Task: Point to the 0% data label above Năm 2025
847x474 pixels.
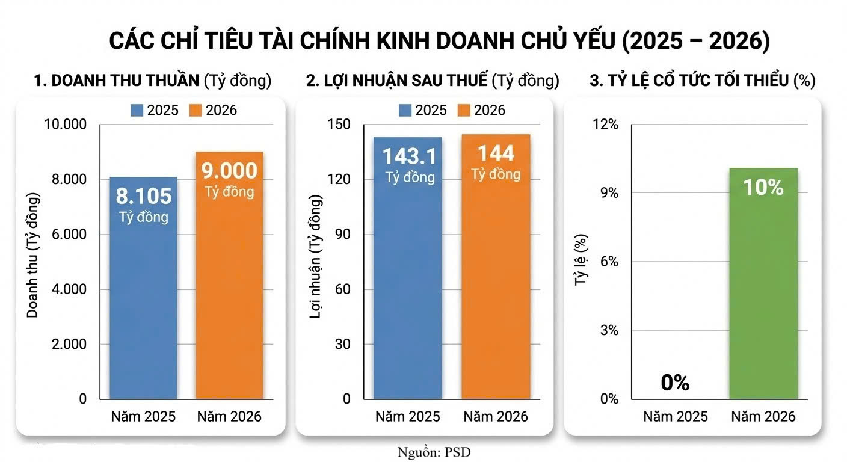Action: tap(675, 383)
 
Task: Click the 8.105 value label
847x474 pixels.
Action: tap(144, 196)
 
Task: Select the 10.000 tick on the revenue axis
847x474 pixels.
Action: tap(66, 125)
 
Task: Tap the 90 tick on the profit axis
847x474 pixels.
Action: tap(343, 235)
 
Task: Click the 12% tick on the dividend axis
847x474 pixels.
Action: tap(606, 125)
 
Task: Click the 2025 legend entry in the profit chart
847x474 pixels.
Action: tap(423, 110)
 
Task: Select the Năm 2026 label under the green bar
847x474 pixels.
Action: tap(763, 416)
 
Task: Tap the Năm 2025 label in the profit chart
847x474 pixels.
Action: tap(408, 416)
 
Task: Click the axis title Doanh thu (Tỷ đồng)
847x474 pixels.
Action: tap(32, 256)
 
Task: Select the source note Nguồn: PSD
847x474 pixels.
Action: tap(434, 452)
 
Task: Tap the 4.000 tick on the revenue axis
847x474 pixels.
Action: tap(66, 289)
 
